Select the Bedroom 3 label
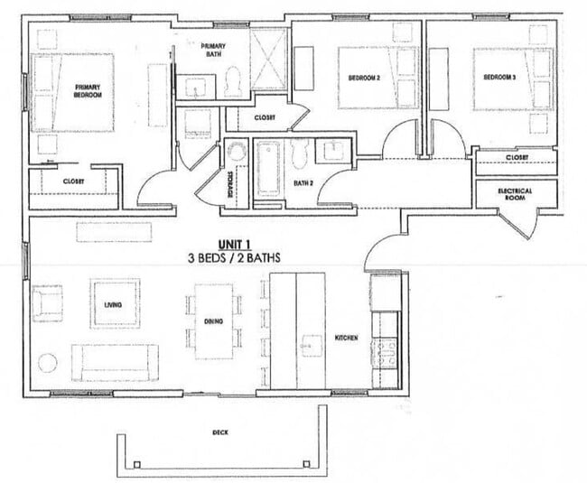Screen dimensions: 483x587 pyautogui.click(x=498, y=78)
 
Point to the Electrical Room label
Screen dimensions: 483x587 pyautogui.click(x=515, y=195)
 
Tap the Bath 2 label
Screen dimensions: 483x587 pyautogui.click(x=303, y=184)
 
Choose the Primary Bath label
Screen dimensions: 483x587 pyautogui.click(x=213, y=51)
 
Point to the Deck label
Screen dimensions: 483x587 pyautogui.click(x=219, y=432)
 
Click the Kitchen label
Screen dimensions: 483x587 pyautogui.click(x=346, y=338)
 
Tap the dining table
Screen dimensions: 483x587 pyautogui.click(x=214, y=320)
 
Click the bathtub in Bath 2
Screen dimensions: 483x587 pyautogui.click(x=269, y=169)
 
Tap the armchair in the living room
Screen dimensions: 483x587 pyautogui.click(x=46, y=303)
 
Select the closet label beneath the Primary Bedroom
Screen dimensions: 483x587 pyautogui.click(x=73, y=181)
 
